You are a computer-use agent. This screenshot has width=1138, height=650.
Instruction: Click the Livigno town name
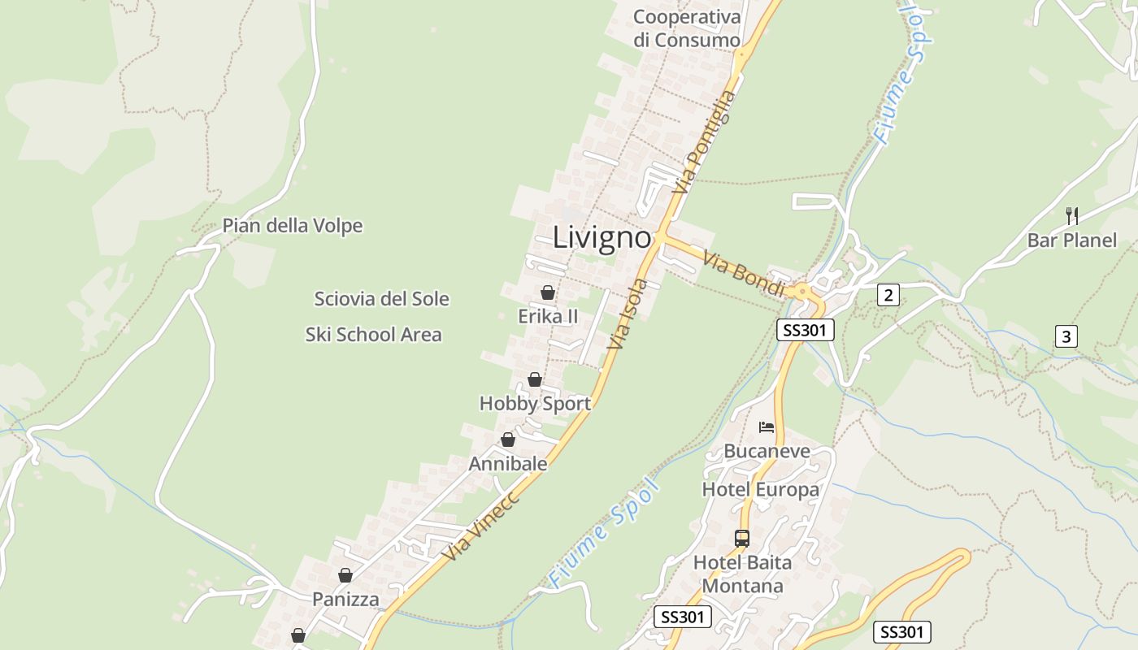pos(602,238)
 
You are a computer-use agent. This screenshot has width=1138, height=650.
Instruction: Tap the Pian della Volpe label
pos(293,226)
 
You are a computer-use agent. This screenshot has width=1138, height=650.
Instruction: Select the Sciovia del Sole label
pos(381,299)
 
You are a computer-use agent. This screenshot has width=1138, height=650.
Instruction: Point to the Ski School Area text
pos(374,334)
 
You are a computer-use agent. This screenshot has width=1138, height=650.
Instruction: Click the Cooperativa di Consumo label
pos(687,28)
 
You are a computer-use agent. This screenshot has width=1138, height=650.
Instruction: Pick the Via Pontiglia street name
pos(705,142)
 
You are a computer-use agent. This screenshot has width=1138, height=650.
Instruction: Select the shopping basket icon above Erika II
pos(548,292)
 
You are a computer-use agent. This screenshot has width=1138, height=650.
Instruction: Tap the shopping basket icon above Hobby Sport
pos(535,379)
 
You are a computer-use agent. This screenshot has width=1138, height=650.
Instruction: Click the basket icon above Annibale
pos(508,440)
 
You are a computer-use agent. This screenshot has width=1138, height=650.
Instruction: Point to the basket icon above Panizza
pos(345,575)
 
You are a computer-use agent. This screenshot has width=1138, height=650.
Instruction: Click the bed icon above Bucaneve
pos(767,427)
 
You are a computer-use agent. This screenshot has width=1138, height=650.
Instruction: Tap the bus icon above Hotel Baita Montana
pos(742,538)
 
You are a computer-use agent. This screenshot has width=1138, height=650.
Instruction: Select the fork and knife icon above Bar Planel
pos(1072,215)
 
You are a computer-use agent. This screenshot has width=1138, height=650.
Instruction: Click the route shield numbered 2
pos(888,295)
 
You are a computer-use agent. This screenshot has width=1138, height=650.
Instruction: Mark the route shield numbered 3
pos(1066,336)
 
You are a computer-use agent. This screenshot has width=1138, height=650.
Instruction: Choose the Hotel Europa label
pos(760,489)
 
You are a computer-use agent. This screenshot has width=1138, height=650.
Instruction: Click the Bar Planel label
pos(1072,240)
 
